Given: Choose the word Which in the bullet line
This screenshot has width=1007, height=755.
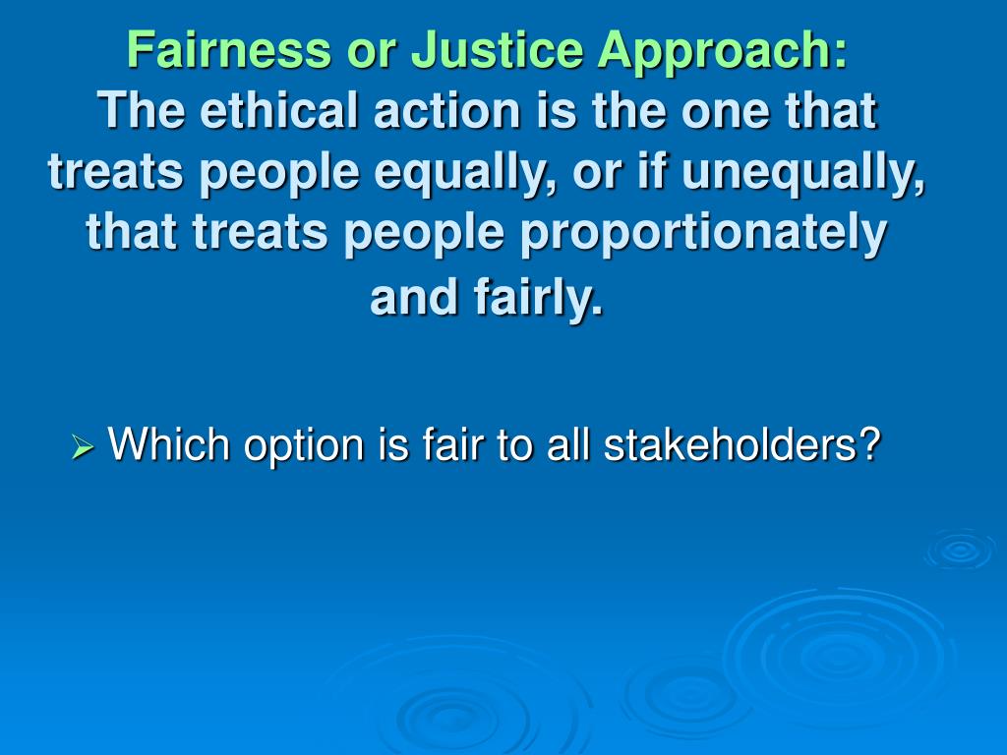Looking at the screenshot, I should (x=169, y=444).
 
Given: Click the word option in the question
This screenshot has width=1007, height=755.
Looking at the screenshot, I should (x=302, y=446).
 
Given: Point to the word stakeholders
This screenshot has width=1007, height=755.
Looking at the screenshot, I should (x=729, y=444).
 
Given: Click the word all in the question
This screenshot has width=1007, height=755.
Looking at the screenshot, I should (x=569, y=444).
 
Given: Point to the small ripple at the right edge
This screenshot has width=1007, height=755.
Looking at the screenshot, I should (x=960, y=550).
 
